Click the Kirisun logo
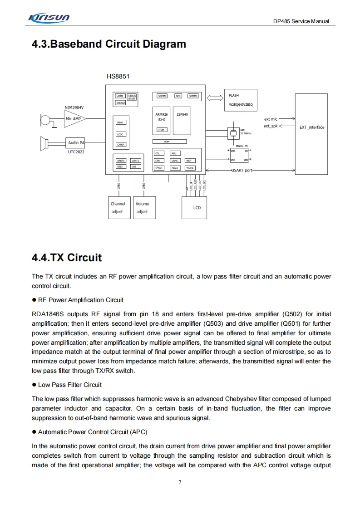coord(49,18)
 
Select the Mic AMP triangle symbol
coord(74,119)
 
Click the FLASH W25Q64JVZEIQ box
coord(241,100)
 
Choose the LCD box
coord(197,208)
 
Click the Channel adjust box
coord(118,208)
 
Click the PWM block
coord(120,122)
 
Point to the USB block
coord(134,166)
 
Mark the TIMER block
coord(190,168)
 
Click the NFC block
coord(178,96)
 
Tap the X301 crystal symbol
coord(233,132)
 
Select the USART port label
coord(242,170)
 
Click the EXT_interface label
coord(312,127)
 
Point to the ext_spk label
coord(271,126)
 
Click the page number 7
coord(180,482)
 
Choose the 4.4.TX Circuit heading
coord(67,258)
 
